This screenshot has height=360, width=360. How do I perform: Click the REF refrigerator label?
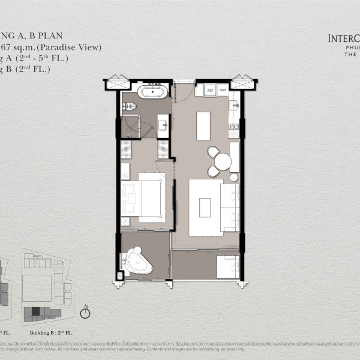point(211,91)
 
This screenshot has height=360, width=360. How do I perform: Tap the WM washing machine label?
point(223,91)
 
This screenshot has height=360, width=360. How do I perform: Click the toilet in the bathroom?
point(133,108)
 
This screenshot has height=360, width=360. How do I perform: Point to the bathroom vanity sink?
point(164,125)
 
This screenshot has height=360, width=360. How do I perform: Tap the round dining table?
point(223,161)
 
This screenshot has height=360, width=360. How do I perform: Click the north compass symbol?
point(86,312)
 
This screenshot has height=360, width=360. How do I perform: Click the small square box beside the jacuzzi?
point(118,275)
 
